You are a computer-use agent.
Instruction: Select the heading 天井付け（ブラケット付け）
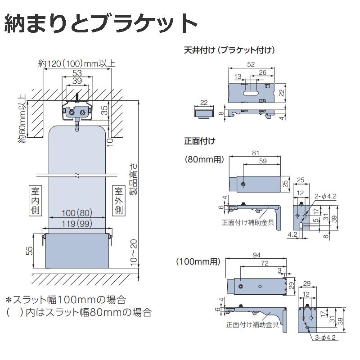coord(229,50)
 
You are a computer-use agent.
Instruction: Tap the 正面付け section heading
coord(199,141)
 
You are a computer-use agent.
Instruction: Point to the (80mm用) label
coord(203,159)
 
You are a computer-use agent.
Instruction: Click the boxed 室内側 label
coord(36,201)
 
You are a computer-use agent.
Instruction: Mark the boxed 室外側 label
coord(119,201)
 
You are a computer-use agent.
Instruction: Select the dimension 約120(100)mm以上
coord(77,63)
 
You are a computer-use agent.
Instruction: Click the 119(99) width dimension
coord(77,223)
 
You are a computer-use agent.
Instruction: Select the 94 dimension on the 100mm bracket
coord(256,255)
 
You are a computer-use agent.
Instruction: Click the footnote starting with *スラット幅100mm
coord(65,299)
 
